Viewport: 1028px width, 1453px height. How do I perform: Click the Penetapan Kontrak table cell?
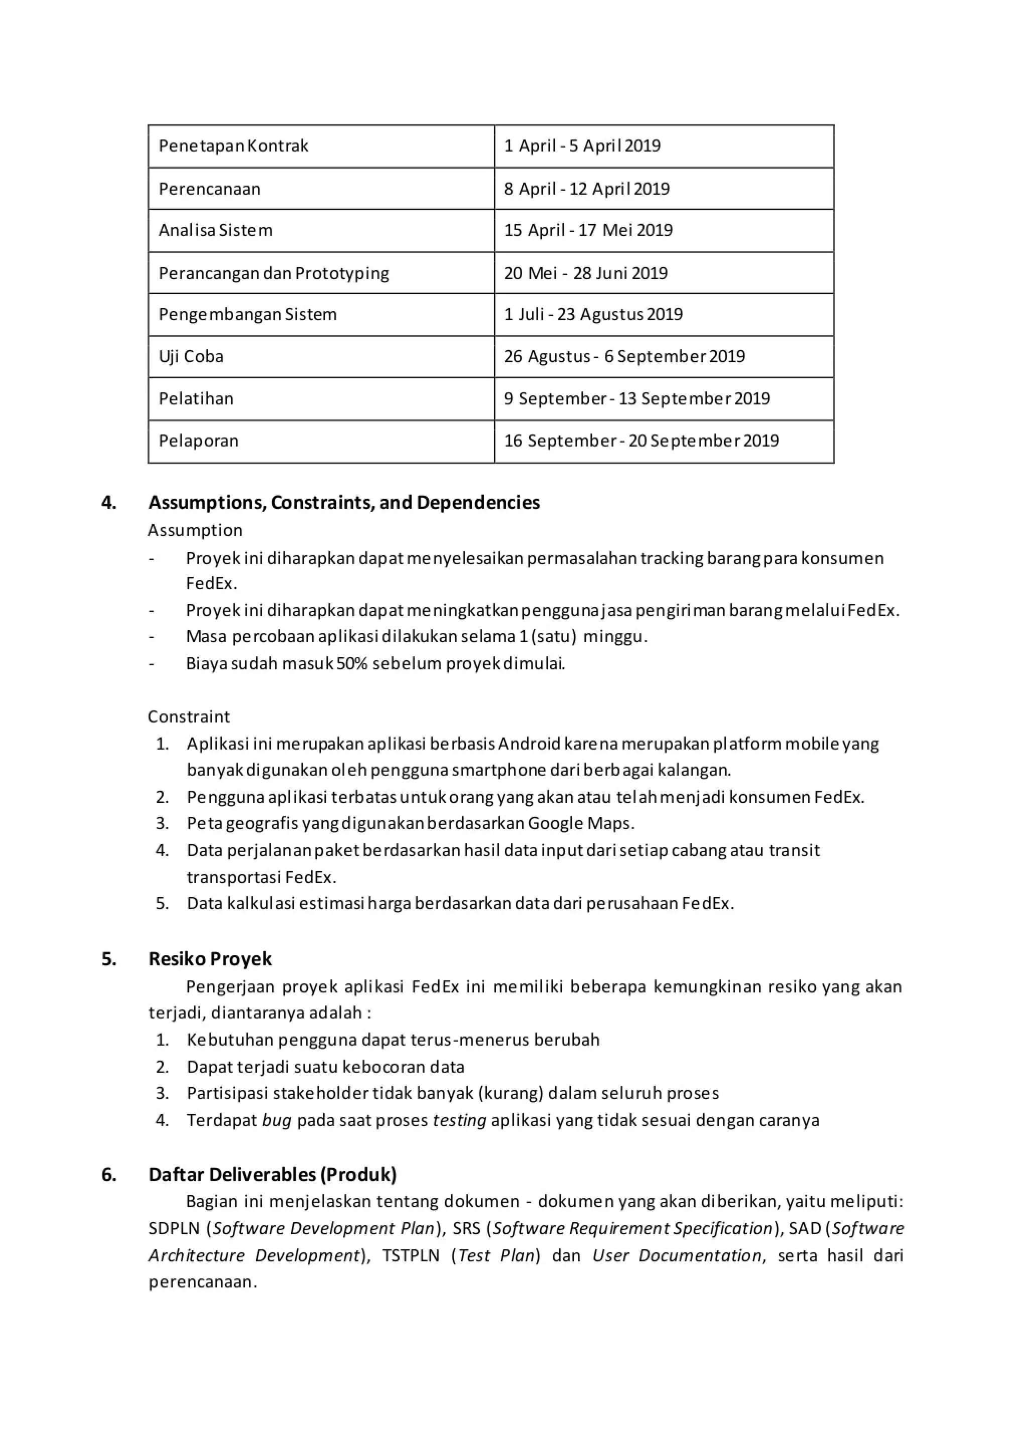pyautogui.click(x=233, y=146)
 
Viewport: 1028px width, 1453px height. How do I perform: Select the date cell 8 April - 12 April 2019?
pyautogui.click(x=586, y=189)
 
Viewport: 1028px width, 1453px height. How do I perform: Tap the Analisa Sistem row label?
pyautogui.click(x=215, y=230)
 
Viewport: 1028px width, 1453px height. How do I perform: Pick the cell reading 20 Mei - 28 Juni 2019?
pyautogui.click(x=586, y=273)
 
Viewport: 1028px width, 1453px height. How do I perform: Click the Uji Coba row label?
pyautogui.click(x=191, y=356)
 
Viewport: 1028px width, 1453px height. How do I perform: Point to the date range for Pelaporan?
pyautogui.click(x=640, y=441)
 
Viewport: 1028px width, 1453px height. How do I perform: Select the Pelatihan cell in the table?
pyautogui.click(x=196, y=399)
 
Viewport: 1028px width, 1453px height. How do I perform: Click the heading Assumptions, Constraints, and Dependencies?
pyautogui.click(x=344, y=502)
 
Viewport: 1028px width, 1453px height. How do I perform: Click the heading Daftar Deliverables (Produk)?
pyautogui.click(x=272, y=1175)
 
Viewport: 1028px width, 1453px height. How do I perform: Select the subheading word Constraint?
pyautogui.click(x=189, y=716)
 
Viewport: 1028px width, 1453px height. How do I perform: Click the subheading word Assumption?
pyautogui.click(x=195, y=530)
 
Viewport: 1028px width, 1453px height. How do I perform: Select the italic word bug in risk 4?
pyautogui.click(x=277, y=1120)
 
